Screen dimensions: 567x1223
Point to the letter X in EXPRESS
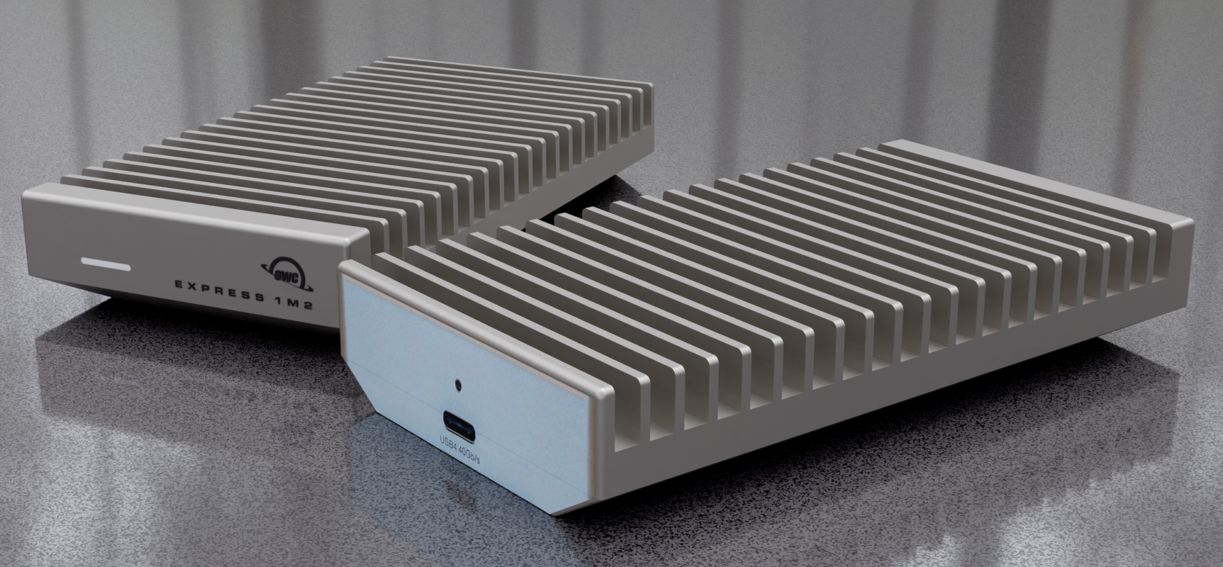coord(196,286)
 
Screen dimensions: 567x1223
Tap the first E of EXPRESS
coord(179,284)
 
